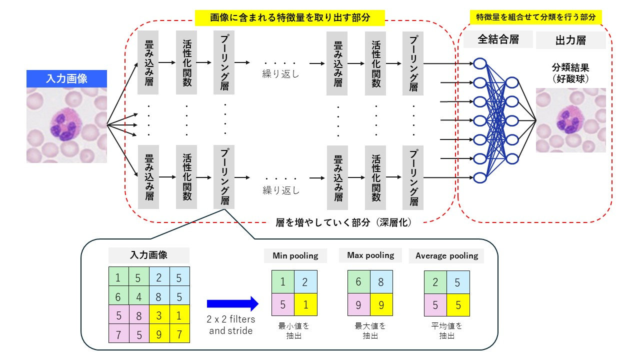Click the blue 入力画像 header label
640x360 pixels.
(x=66, y=78)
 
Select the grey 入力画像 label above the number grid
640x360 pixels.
(x=148, y=255)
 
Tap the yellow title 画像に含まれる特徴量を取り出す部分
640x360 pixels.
(x=289, y=18)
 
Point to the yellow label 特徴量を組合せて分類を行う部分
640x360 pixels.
(x=535, y=17)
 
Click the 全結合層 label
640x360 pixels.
(x=498, y=39)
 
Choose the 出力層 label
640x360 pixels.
(x=570, y=40)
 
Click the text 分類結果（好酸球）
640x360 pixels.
(x=570, y=72)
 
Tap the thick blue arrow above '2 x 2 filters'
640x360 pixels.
(x=232, y=303)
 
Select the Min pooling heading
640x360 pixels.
(x=295, y=256)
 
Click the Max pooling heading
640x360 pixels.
(x=370, y=255)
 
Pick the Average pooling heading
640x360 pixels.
(x=446, y=256)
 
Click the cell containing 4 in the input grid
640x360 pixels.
(x=138, y=297)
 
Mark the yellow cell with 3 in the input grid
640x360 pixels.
(x=159, y=316)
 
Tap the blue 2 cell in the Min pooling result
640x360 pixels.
(x=305, y=282)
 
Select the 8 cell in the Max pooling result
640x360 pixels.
(x=381, y=282)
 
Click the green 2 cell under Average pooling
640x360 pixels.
(x=435, y=282)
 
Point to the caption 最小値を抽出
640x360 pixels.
(x=294, y=331)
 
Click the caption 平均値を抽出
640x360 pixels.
(x=446, y=331)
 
